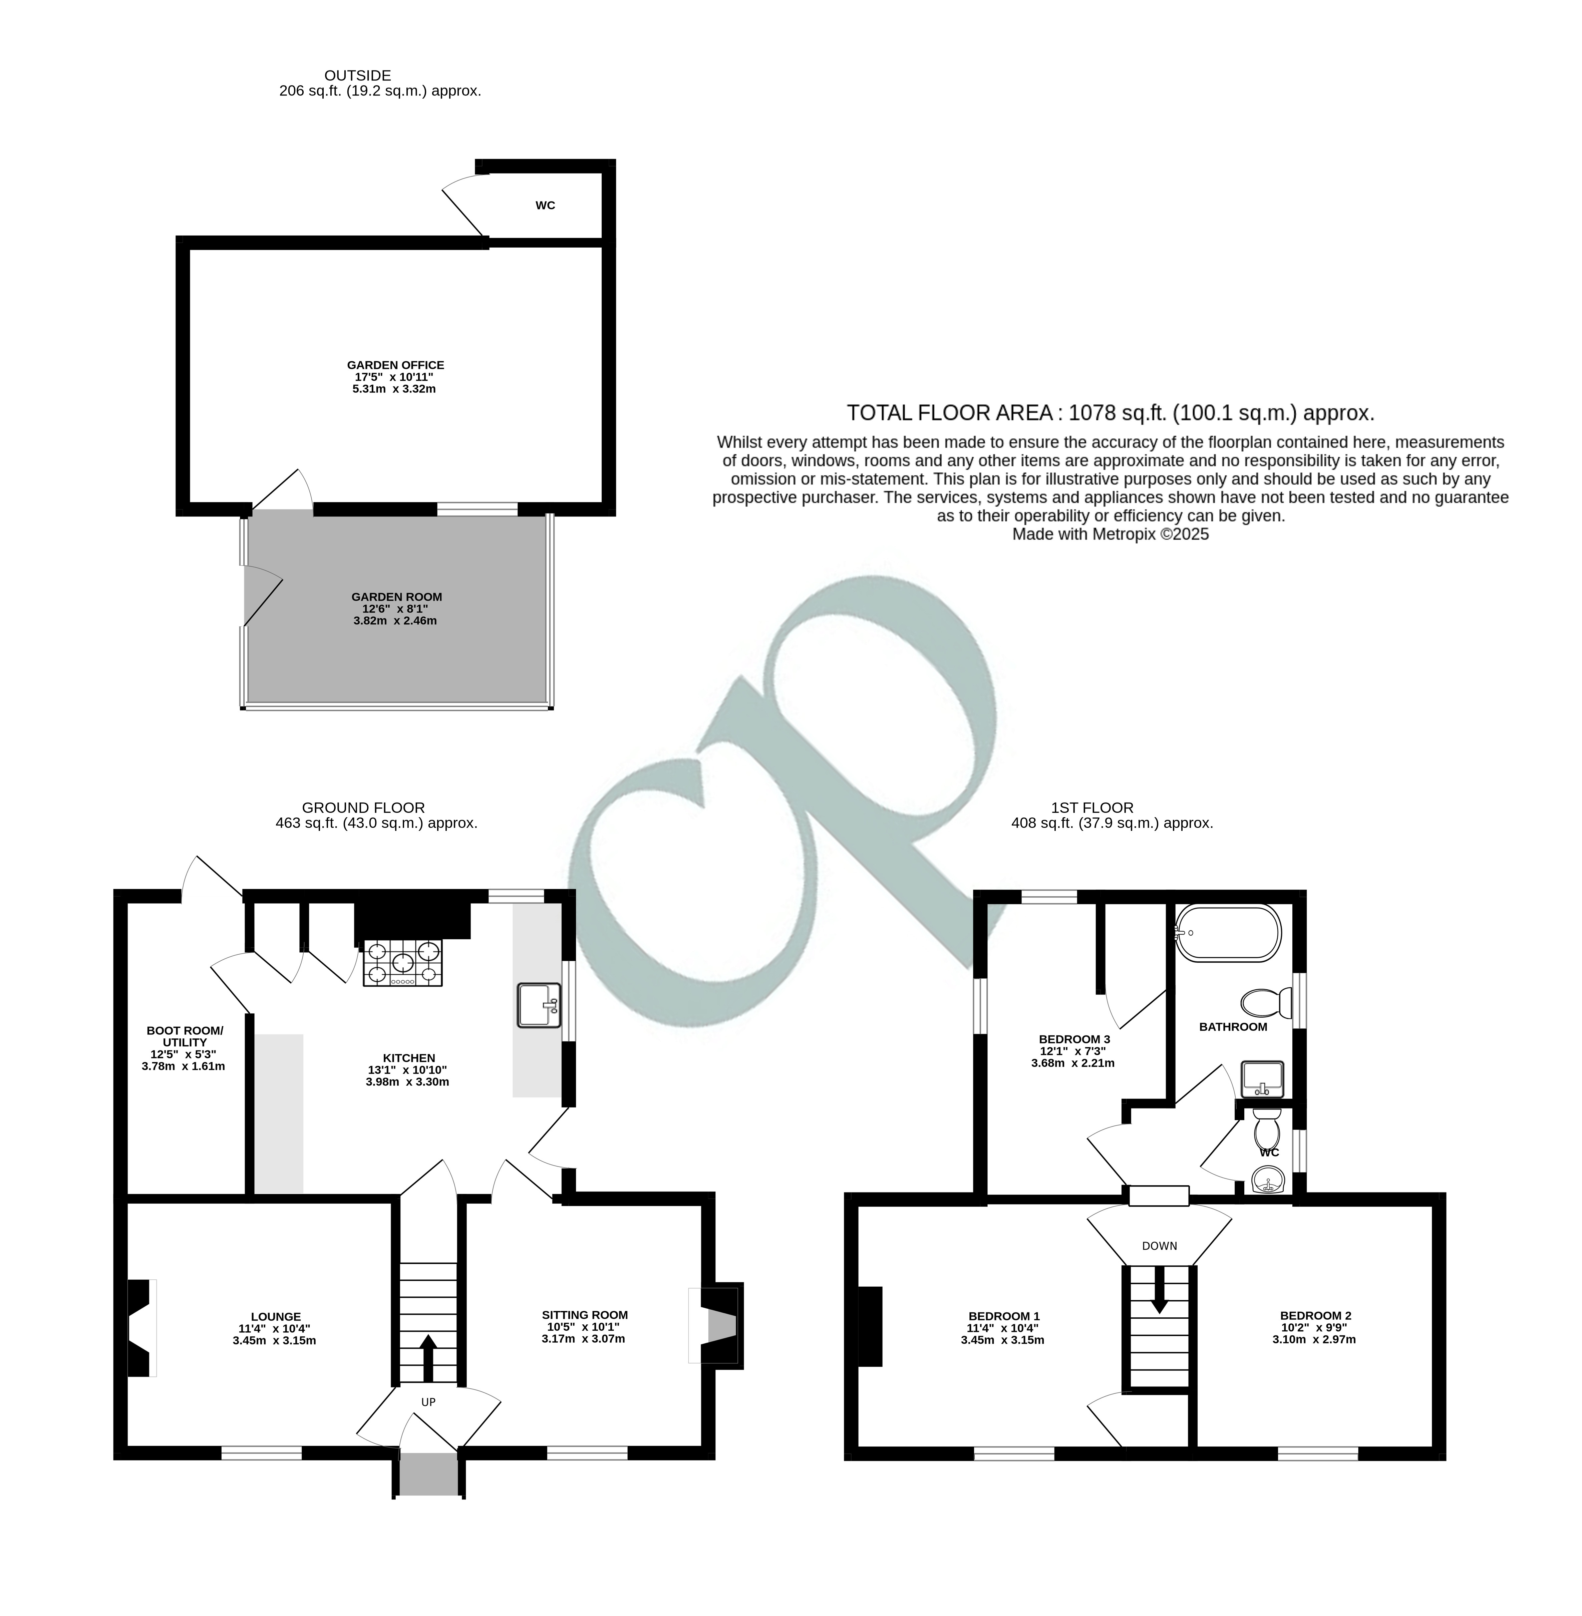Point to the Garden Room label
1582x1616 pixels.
(396, 597)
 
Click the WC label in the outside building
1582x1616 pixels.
(545, 205)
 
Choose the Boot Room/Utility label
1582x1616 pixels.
(185, 1036)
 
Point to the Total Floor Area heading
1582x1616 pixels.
(1110, 413)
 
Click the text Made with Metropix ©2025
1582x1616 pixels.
(1110, 534)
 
